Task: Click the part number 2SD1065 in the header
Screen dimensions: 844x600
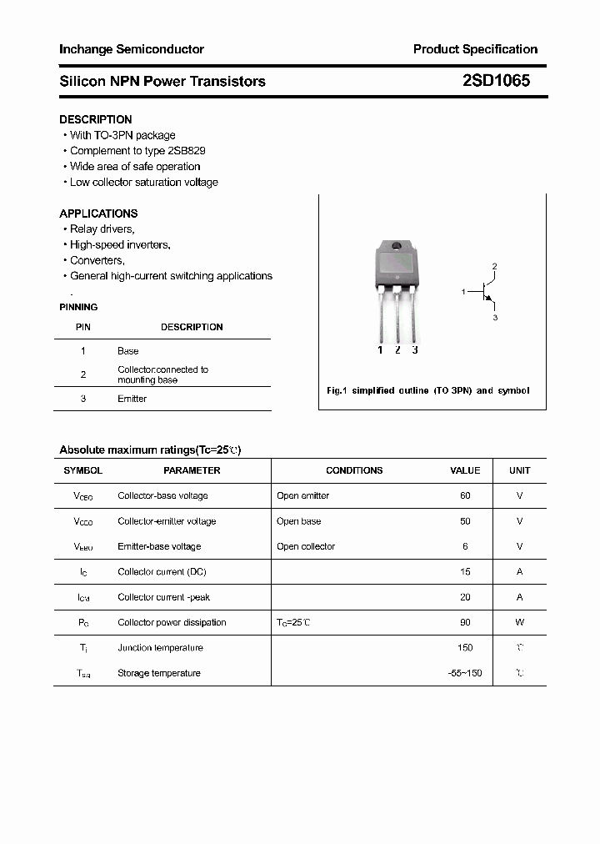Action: (496, 81)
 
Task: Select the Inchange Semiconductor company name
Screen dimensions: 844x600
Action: (131, 49)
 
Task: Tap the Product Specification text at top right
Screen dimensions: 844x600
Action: (475, 49)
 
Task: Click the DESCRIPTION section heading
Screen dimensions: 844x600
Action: (95, 119)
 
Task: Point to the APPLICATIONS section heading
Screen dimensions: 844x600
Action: (98, 214)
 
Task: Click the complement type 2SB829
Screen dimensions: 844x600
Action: (187, 151)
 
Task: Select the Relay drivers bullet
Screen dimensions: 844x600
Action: (102, 229)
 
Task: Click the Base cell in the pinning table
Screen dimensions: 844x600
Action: (128, 351)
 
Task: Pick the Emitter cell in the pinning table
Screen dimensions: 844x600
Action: (132, 399)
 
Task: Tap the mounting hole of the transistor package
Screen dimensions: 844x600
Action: (397, 247)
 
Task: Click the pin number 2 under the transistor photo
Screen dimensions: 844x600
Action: (397, 350)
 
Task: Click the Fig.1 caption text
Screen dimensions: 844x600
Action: (427, 390)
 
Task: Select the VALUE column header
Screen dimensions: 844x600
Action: (465, 470)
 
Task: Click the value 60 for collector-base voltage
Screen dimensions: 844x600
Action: (465, 495)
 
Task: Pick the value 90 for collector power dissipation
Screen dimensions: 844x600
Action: (465, 622)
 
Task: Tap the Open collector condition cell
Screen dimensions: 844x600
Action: (306, 546)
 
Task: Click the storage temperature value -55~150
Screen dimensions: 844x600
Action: (465, 673)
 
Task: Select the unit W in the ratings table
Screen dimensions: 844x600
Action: (519, 622)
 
